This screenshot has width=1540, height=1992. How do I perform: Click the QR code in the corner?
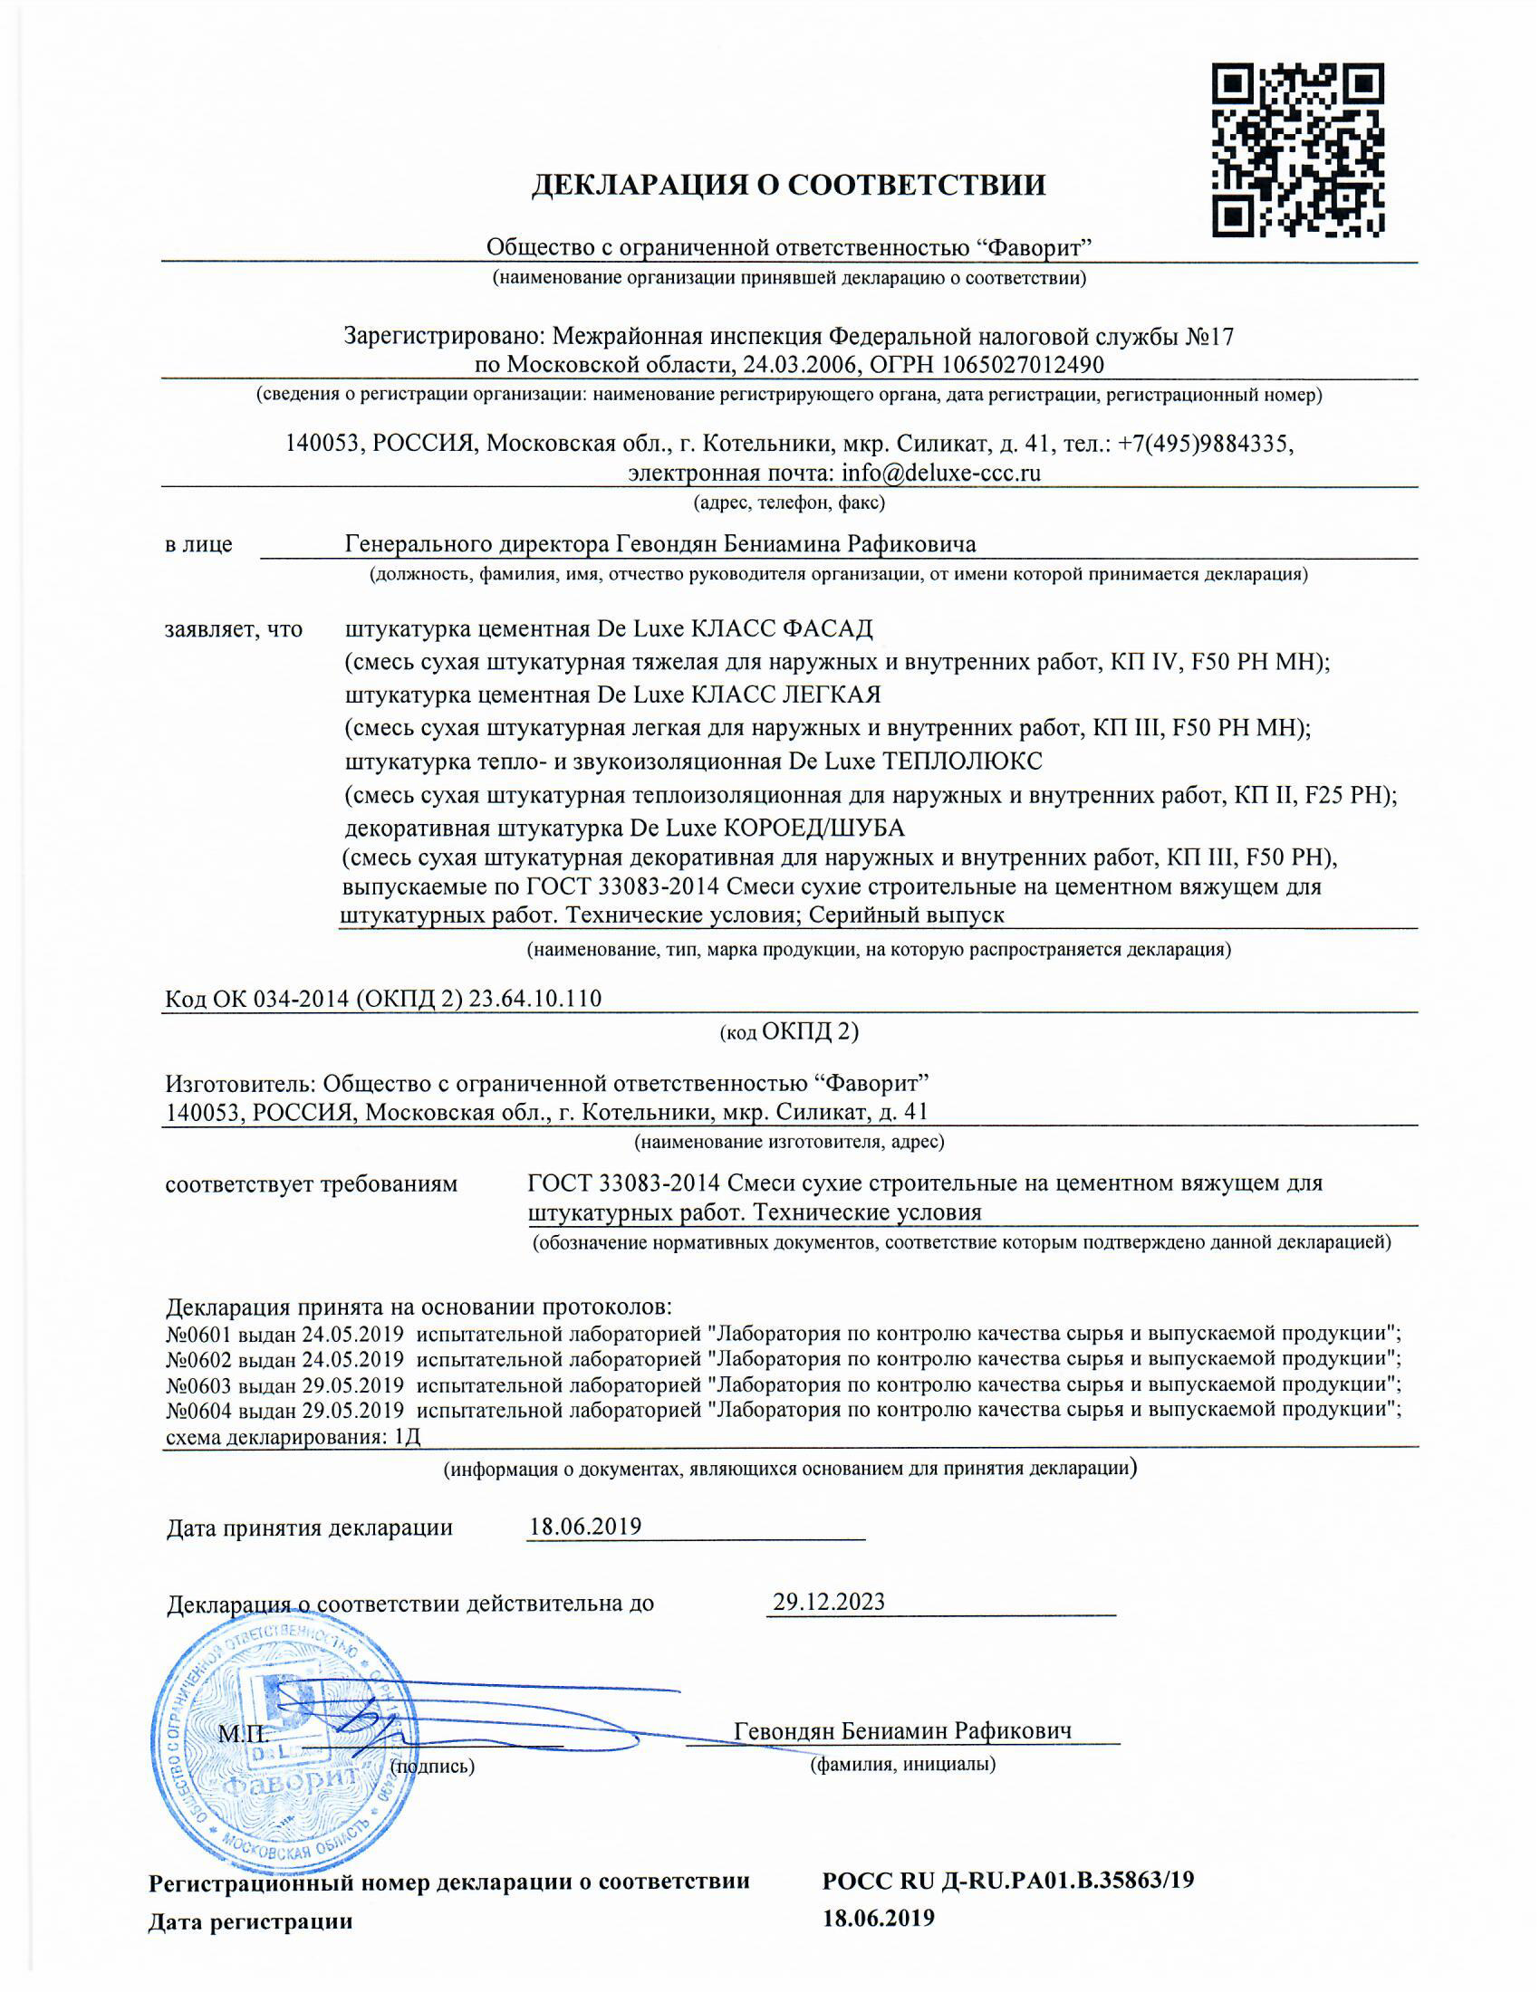(1297, 149)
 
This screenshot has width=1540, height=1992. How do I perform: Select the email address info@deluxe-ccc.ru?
(940, 474)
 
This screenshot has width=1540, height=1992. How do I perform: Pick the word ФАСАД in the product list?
(827, 628)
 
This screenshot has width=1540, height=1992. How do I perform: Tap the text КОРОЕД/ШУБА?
(813, 828)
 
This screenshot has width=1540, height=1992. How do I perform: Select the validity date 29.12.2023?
(828, 1603)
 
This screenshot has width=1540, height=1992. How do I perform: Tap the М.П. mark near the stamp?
(243, 1733)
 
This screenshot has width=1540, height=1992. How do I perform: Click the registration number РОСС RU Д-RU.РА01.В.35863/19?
(1007, 1881)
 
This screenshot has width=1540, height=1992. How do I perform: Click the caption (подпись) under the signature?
(431, 1767)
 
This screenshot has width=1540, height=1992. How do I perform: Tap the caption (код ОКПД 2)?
(788, 1031)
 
